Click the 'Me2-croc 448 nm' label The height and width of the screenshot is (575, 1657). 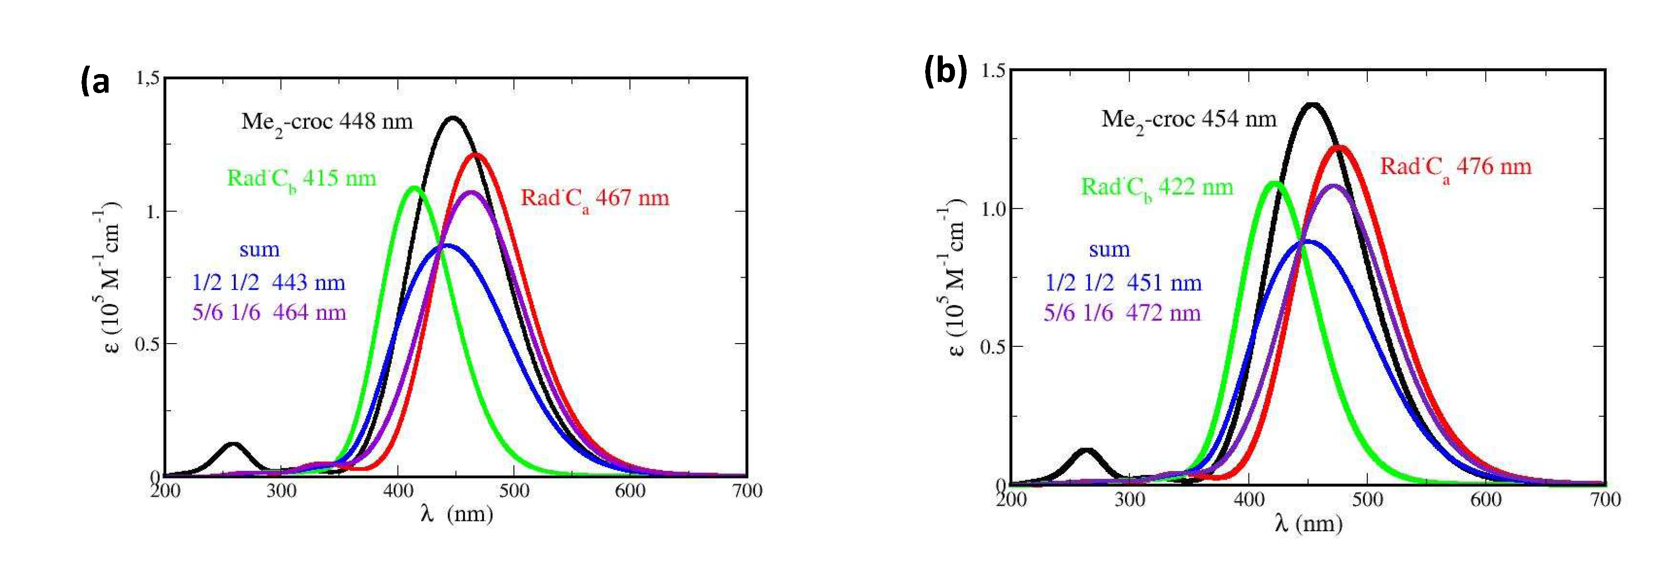(x=327, y=122)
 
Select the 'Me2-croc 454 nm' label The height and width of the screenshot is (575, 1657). (x=1189, y=120)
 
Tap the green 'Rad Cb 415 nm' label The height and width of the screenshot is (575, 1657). (x=301, y=178)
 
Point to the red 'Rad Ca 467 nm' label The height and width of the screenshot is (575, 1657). (x=594, y=198)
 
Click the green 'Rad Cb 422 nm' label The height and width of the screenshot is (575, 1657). (x=1157, y=187)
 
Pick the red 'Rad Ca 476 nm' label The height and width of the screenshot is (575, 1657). (x=1455, y=167)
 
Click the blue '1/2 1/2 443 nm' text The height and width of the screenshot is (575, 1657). (x=268, y=282)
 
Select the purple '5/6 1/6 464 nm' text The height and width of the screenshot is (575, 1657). (x=269, y=312)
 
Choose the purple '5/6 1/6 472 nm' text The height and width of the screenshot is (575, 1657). (x=1122, y=312)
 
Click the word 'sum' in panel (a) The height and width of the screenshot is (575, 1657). (x=259, y=250)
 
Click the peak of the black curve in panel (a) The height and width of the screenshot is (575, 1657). (x=453, y=118)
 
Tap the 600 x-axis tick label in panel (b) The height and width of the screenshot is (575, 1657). (x=1485, y=499)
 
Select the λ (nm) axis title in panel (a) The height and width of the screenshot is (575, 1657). (x=456, y=514)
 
